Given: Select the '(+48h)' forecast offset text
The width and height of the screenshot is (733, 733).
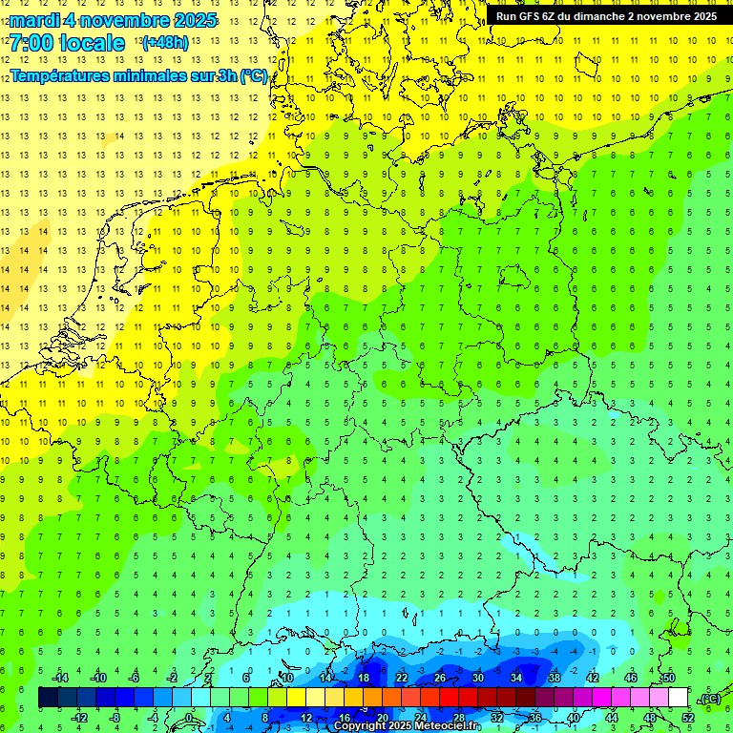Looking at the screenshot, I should coord(165,42).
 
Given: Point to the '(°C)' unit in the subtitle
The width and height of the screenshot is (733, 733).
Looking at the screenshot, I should coord(253,75).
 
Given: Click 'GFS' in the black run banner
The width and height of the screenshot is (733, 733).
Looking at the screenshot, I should coord(534,16).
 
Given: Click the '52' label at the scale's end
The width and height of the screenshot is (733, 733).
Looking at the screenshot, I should coord(688,718).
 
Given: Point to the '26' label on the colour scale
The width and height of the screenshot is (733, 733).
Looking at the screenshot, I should coord(440,678).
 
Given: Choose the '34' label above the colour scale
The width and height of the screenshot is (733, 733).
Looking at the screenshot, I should coord(516,678).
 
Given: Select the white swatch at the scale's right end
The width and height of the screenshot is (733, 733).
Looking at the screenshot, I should coord(678,698).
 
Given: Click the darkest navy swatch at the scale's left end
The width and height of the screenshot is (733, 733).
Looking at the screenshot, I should coord(48,698).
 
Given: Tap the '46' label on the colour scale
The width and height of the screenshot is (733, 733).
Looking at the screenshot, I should coord(631,678).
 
